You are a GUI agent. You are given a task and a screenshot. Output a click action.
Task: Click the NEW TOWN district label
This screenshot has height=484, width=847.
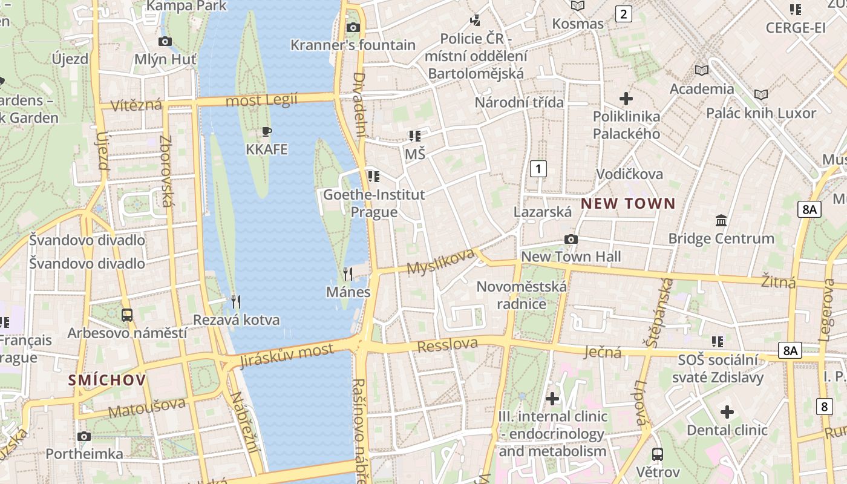click(x=628, y=204)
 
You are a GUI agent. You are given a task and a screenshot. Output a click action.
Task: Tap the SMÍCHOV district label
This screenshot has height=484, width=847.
click(x=107, y=380)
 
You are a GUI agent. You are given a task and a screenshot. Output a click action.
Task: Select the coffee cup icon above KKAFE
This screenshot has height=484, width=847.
click(x=267, y=131)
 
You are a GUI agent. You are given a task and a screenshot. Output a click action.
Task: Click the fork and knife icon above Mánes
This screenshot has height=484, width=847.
click(x=348, y=274)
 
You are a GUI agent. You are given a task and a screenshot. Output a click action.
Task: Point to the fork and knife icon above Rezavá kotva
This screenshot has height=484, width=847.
click(x=236, y=301)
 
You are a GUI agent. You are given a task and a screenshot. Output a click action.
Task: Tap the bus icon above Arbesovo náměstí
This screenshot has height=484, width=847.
click(x=127, y=315)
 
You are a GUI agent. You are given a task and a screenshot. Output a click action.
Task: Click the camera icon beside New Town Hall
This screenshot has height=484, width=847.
click(x=571, y=240)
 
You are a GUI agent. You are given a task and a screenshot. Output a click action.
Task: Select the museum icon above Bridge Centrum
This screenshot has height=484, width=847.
click(x=721, y=220)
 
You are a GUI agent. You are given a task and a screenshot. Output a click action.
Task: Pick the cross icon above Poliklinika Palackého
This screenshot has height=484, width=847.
click(x=626, y=98)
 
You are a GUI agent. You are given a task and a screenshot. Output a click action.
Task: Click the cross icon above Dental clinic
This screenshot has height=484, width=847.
click(x=727, y=413)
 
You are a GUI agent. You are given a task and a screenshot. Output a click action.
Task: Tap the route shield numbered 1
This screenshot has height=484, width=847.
click(x=538, y=168)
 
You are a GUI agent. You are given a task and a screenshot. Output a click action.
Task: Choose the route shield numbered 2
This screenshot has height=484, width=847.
click(x=623, y=13)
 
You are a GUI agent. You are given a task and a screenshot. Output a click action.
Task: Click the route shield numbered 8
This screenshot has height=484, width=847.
click(x=824, y=407)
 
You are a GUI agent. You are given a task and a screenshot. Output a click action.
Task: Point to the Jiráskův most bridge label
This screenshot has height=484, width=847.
click(x=287, y=356)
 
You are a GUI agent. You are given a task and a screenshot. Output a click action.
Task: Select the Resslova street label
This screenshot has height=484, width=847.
click(x=448, y=345)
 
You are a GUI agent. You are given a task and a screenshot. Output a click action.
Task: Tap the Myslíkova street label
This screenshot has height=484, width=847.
click(x=440, y=261)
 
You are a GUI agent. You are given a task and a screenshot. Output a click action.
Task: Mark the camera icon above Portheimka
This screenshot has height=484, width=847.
click(x=84, y=436)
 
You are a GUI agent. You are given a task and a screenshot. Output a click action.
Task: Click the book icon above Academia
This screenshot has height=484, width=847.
click(x=702, y=70)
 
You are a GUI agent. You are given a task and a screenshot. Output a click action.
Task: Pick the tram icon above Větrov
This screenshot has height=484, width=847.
click(x=658, y=454)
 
